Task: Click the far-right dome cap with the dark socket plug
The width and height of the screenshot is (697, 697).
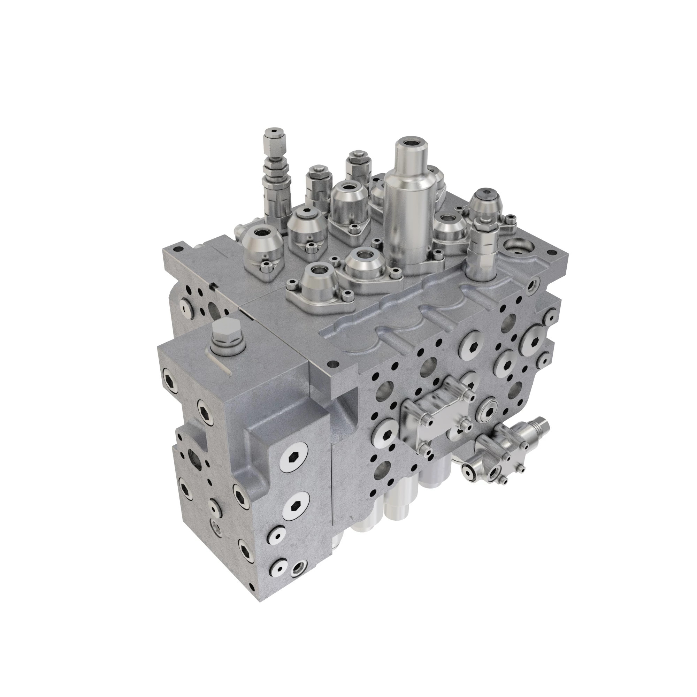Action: (x=487, y=202)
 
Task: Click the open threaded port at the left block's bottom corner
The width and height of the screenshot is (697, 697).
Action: (x=299, y=569)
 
